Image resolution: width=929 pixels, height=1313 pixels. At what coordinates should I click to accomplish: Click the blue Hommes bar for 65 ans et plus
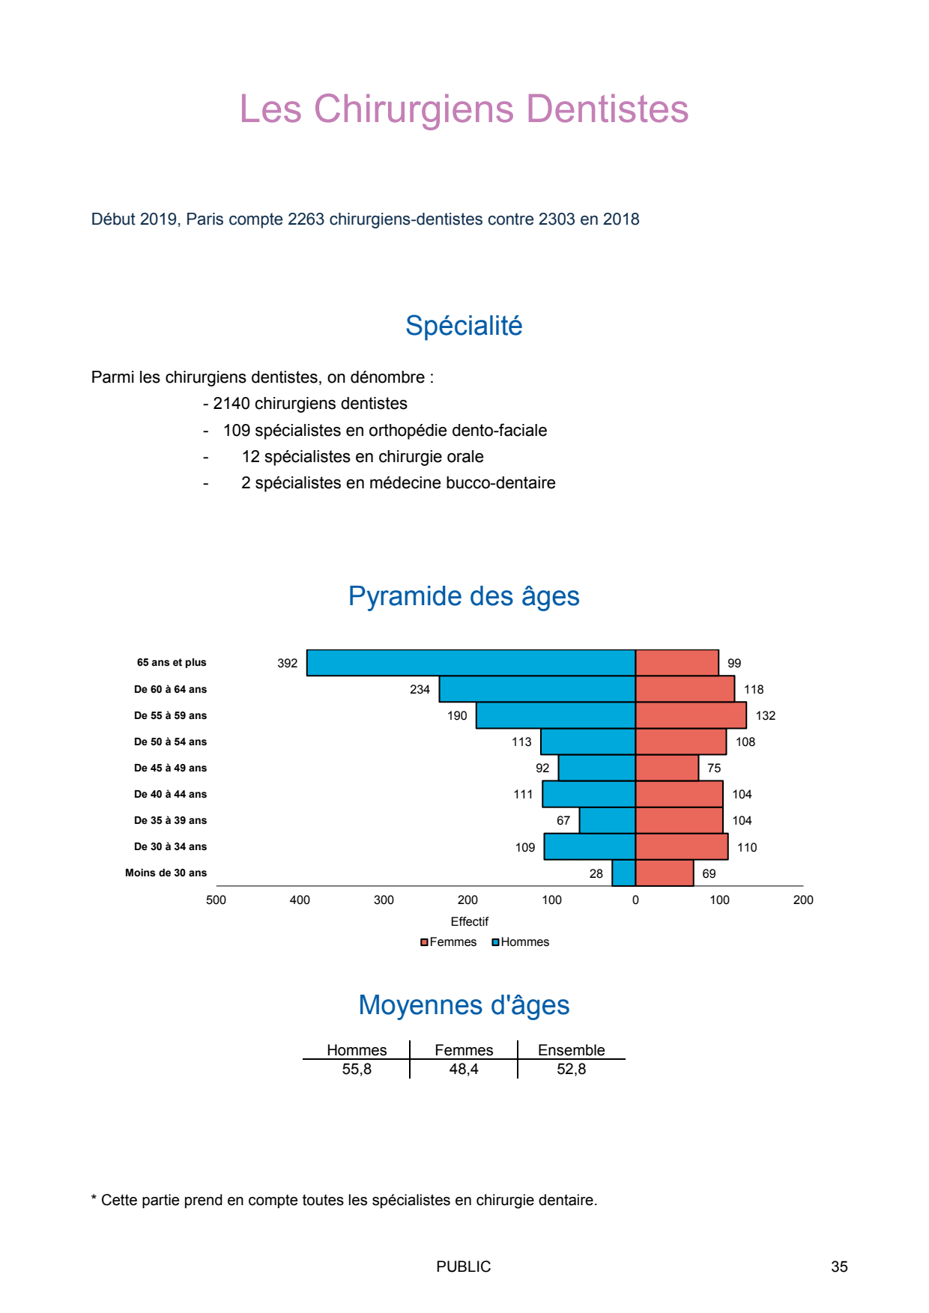click(470, 663)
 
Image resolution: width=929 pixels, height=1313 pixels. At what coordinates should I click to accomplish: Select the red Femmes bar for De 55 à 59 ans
click(691, 715)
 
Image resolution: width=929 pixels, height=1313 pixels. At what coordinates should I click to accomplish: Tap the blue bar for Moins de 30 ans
click(624, 873)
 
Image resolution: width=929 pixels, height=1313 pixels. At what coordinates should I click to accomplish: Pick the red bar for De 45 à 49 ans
click(667, 768)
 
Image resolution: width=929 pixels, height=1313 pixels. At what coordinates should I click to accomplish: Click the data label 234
click(420, 689)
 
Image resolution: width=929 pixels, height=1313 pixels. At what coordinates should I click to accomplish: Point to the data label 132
click(765, 715)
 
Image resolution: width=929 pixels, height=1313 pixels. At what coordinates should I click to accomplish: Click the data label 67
click(563, 820)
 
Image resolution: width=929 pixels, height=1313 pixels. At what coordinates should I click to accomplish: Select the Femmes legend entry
click(449, 941)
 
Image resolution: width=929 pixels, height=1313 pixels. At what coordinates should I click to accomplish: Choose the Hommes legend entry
click(521, 941)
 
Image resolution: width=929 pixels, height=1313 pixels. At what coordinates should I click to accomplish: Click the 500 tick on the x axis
click(216, 900)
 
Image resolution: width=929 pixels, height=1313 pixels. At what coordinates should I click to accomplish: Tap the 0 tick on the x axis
click(635, 900)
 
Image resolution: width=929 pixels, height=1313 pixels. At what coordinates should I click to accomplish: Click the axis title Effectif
click(469, 921)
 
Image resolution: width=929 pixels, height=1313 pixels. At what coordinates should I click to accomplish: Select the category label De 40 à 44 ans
click(170, 794)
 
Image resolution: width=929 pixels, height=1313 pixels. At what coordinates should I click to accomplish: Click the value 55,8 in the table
click(357, 1069)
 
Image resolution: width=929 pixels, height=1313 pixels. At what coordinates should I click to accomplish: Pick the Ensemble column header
click(571, 1049)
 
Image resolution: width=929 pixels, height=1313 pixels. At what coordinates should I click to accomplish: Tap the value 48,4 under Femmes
click(464, 1069)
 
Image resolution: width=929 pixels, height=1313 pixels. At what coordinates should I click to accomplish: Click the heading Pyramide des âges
click(464, 596)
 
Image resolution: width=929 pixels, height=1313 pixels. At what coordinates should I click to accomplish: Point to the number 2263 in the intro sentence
click(306, 219)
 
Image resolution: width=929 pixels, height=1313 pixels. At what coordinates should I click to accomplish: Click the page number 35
click(839, 1267)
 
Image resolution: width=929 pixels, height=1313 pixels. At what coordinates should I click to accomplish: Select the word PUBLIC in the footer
click(463, 1267)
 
